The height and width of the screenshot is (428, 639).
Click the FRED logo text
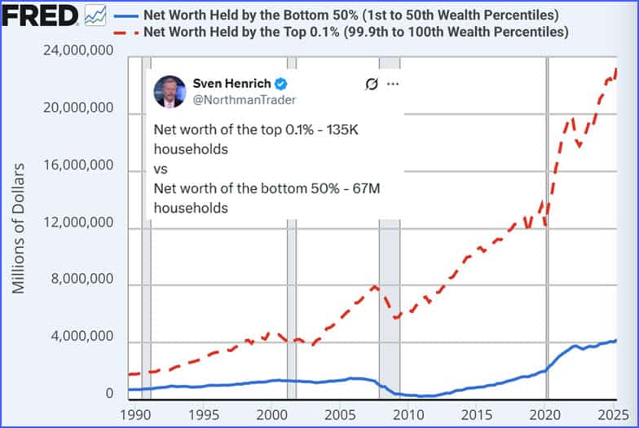[40, 15]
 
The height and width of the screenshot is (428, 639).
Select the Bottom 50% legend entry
[350, 15]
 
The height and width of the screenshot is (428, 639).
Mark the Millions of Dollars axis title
[18, 227]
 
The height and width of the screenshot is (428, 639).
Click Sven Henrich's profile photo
[170, 90]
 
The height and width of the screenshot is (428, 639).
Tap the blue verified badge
[280, 83]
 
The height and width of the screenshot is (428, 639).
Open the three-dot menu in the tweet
[394, 83]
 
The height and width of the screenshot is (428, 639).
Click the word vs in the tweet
[160, 170]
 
